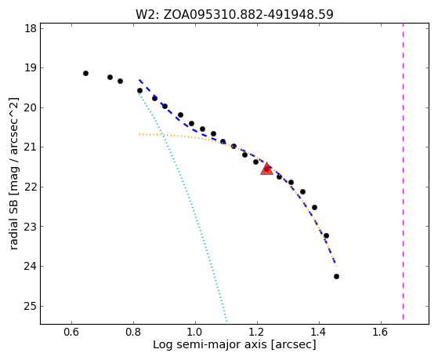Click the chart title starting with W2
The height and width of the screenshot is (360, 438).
234,14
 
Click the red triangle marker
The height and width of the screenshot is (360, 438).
266,169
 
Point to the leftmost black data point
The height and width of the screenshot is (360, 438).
85,73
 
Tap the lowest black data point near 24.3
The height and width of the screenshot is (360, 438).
336,276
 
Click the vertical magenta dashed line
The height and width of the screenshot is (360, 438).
403,171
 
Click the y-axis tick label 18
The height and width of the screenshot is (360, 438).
31,28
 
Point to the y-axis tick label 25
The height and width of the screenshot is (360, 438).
31,307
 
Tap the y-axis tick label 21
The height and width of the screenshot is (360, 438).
31,147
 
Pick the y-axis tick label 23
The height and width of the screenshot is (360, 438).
31,227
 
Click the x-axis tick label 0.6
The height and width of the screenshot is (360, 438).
71,332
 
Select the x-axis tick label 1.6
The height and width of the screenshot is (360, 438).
381,332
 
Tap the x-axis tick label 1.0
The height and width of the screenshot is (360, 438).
195,332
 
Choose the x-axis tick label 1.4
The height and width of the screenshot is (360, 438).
319,332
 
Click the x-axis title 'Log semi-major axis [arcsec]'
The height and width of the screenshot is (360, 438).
234,344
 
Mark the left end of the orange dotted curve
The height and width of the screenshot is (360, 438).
139,135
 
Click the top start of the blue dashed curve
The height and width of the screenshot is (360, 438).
139,80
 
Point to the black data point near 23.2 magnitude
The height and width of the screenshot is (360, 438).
326,235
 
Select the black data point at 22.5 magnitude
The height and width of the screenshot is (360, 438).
314,207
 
